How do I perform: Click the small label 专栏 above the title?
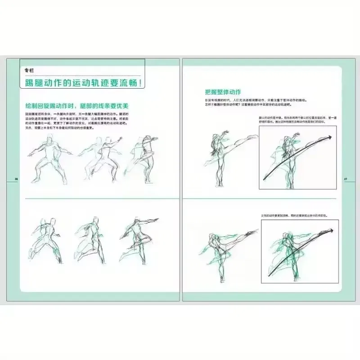tap(30, 70)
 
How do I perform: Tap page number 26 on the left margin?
tap(17, 179)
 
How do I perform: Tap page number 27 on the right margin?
tap(346, 179)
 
